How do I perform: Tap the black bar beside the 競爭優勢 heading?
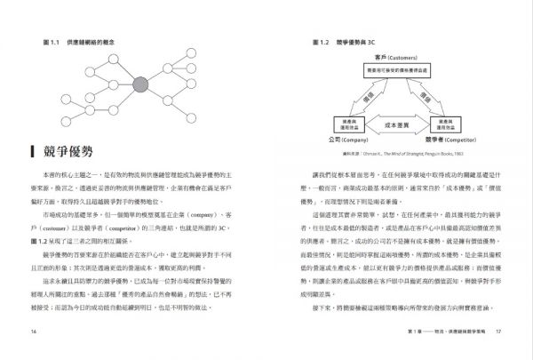click(31, 153)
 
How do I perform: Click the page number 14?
click(33, 332)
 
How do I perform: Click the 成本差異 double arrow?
click(396, 124)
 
